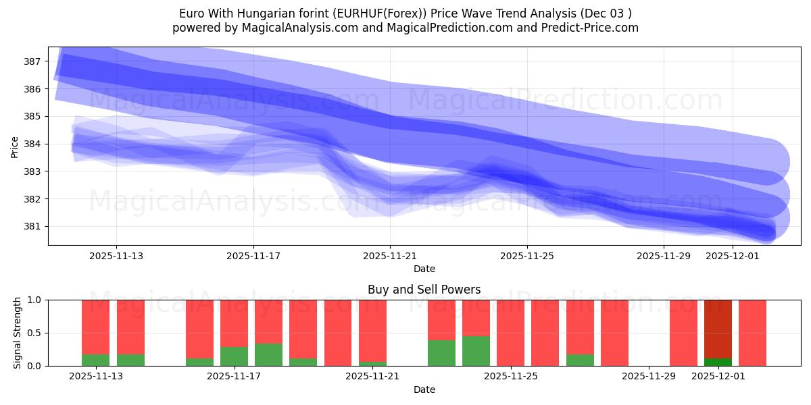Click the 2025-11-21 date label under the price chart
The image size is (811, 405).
[390, 256]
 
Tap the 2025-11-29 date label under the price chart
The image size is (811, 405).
[664, 256]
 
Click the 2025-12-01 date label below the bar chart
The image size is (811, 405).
[718, 376]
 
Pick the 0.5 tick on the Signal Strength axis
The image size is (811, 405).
[33, 333]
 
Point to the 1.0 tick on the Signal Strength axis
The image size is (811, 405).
[33, 300]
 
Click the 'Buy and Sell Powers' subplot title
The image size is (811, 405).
[424, 290]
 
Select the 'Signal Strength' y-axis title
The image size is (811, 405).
[18, 333]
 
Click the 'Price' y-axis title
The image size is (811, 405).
[15, 146]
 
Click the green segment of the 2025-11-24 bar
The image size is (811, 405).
[476, 351]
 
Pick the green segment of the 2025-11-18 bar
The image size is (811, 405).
[268, 354]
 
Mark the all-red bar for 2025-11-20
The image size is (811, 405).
[337, 333]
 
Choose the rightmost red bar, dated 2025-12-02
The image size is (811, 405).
[752, 333]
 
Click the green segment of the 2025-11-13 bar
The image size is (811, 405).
[95, 360]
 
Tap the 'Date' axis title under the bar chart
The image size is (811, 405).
[424, 389]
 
